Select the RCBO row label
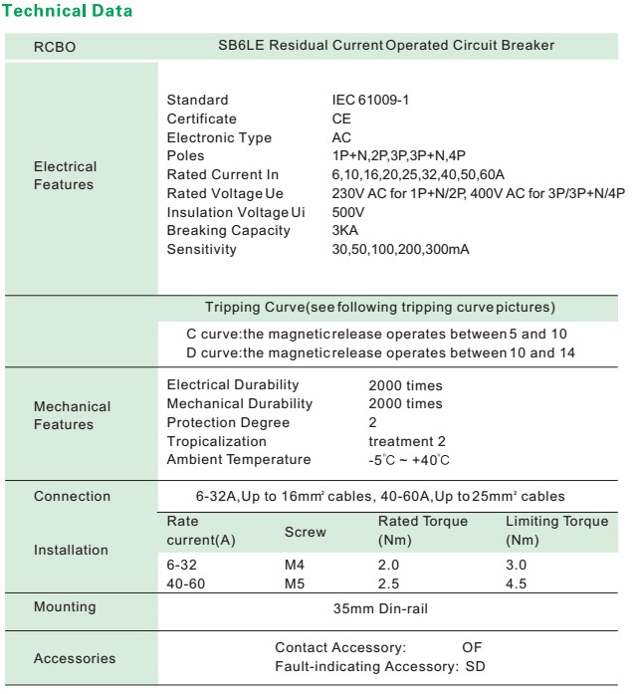(x=56, y=46)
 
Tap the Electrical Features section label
(x=66, y=175)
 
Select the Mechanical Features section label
(x=73, y=415)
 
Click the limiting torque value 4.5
(x=517, y=581)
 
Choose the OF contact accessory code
(x=472, y=647)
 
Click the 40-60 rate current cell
(x=184, y=581)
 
